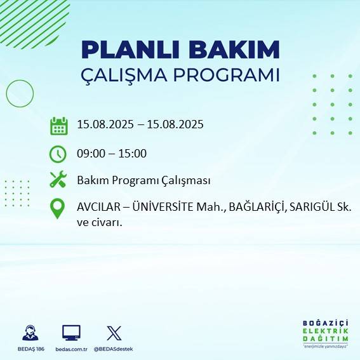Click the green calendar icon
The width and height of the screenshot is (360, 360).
click(58, 126)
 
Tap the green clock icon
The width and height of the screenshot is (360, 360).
click(58, 154)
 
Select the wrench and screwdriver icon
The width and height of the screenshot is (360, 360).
click(58, 180)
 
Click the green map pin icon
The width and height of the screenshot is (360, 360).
click(58, 209)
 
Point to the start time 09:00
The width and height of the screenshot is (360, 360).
click(91, 153)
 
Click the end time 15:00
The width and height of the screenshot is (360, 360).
click(133, 153)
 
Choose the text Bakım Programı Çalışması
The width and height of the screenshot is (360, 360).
click(143, 180)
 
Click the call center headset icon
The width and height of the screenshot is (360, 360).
click(29, 333)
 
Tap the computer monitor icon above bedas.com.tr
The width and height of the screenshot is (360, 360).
click(71, 333)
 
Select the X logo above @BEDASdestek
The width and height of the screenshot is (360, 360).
click(114, 333)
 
